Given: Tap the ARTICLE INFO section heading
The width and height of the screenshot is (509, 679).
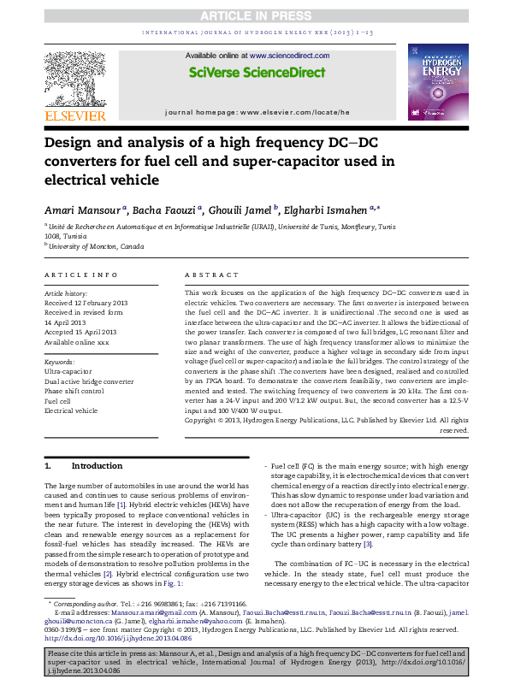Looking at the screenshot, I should click(x=80, y=275).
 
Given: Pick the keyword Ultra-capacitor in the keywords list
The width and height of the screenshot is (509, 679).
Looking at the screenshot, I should click(x=68, y=372).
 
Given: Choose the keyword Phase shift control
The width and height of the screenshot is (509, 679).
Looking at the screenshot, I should click(x=74, y=391).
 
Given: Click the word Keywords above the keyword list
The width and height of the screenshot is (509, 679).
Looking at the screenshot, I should click(x=59, y=363).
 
